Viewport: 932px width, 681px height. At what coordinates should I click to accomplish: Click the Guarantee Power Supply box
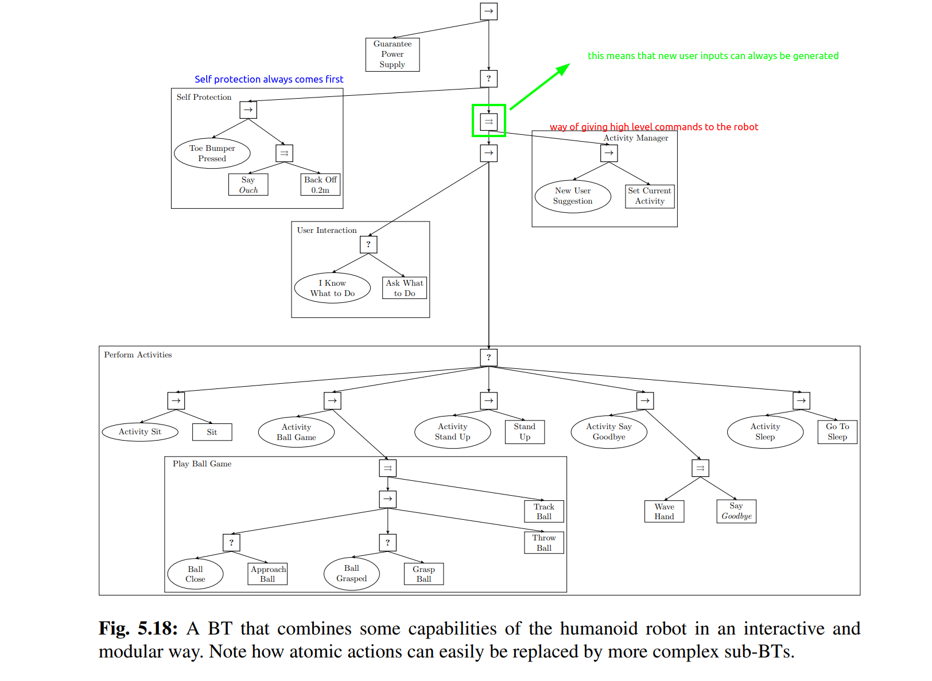(393, 55)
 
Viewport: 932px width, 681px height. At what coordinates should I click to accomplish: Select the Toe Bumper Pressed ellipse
(212, 153)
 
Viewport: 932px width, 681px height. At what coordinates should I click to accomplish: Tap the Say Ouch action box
(248, 185)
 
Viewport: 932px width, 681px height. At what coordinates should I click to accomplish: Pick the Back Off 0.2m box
(320, 185)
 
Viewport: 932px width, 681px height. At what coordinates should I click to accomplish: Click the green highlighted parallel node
(488, 121)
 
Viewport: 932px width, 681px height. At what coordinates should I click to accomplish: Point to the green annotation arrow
(539, 87)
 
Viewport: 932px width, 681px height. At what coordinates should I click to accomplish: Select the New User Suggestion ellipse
(573, 196)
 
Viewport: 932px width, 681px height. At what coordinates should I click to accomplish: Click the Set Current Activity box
(650, 196)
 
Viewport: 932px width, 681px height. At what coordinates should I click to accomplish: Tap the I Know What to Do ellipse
(332, 288)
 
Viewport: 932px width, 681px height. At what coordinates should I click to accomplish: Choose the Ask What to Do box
(405, 288)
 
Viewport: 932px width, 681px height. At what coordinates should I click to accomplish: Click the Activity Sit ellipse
(140, 432)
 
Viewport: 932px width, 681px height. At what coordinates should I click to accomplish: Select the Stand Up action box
(525, 432)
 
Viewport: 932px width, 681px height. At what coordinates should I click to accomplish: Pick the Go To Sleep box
(837, 432)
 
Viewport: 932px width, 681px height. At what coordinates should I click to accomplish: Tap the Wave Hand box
(664, 511)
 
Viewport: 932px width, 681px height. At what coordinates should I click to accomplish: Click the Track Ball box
(544, 511)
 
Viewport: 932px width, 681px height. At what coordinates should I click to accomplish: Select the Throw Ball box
(544, 543)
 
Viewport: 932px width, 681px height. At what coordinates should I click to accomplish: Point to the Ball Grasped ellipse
(352, 574)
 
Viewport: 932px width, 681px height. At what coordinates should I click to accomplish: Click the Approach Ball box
(268, 574)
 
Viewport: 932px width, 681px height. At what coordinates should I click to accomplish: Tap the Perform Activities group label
(138, 355)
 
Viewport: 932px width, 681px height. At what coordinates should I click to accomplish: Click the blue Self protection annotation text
(269, 79)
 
